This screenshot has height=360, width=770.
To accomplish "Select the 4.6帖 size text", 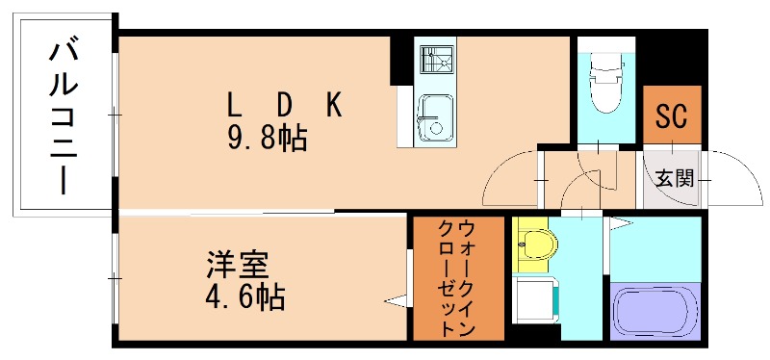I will click(x=245, y=297).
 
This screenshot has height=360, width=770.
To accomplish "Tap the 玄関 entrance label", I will click(x=674, y=179).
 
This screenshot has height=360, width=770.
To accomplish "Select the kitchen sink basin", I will click(x=434, y=119).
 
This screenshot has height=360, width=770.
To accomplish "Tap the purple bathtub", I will click(x=654, y=310).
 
